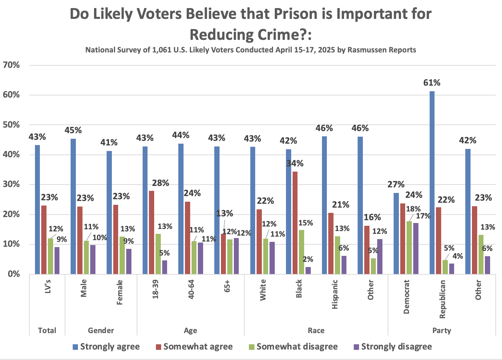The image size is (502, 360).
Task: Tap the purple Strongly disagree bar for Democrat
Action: [x=416, y=249]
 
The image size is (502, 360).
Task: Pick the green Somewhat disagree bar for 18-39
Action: [x=158, y=254]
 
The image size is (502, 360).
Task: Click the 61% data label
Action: [x=432, y=83]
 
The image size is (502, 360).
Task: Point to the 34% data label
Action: [x=295, y=163]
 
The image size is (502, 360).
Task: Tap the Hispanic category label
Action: [x=335, y=294]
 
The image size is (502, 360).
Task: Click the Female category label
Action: [x=120, y=292]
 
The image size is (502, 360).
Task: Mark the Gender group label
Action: [x=101, y=330]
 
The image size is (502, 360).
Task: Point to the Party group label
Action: [x=442, y=330]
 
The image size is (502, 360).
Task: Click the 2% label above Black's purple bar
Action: [x=308, y=259]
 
